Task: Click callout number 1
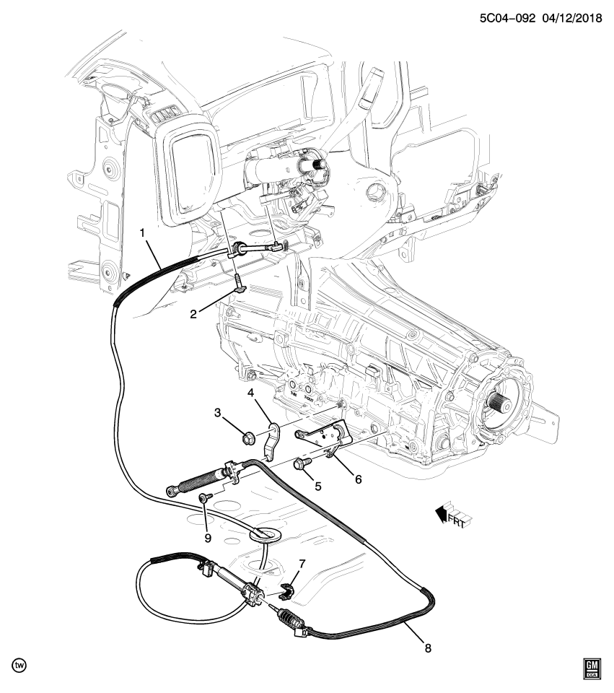(x=143, y=232)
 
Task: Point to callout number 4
(x=251, y=393)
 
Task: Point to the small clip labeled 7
(x=286, y=592)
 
